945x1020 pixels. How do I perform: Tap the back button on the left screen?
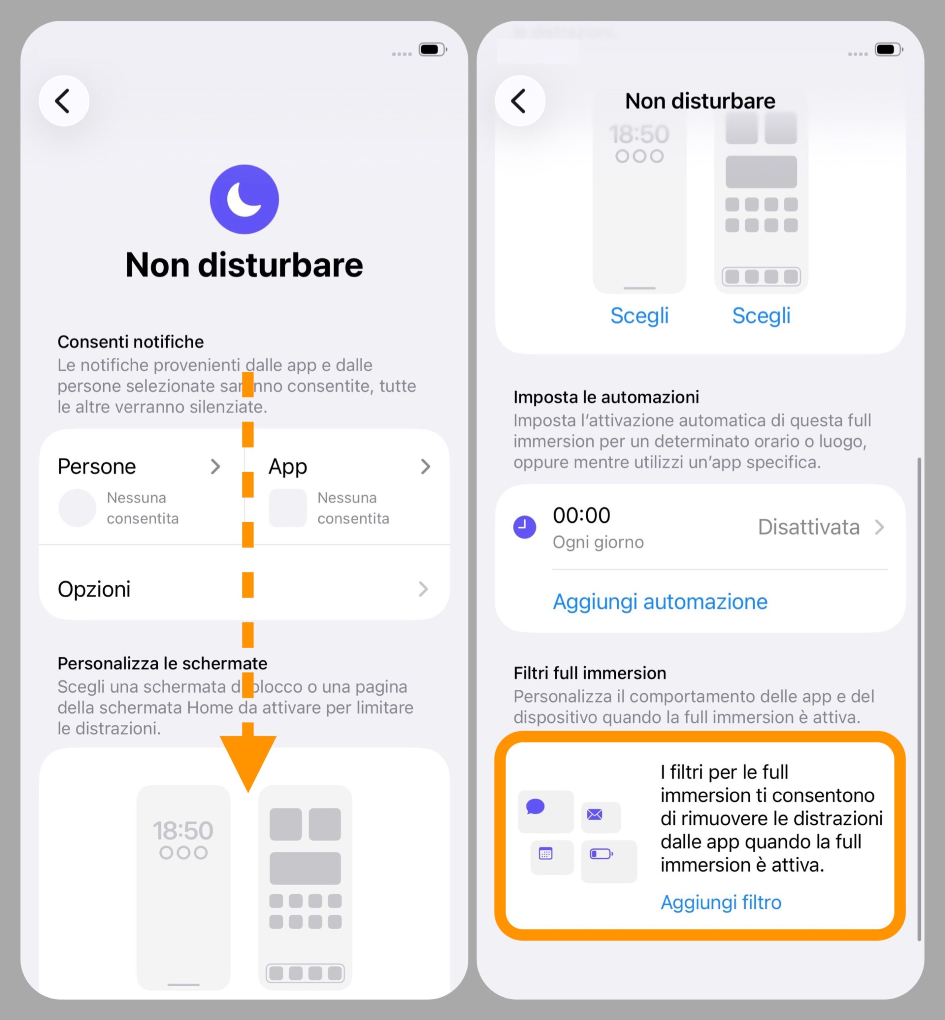[64, 101]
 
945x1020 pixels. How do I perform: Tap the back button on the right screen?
[520, 101]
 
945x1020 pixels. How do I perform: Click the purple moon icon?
[244, 199]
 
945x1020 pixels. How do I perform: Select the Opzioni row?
[244, 588]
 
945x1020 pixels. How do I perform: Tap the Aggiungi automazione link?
[660, 601]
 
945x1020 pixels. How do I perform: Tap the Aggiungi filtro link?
[721, 902]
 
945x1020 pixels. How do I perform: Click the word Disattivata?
[808, 527]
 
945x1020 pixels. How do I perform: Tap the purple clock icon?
[525, 527]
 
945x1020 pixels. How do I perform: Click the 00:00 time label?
[582, 515]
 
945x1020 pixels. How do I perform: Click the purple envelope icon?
[594, 814]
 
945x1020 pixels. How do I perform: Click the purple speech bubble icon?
[535, 806]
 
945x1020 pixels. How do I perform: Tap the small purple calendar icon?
[546, 853]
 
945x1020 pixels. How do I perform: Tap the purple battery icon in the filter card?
[601, 853]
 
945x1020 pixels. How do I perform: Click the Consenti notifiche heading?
[130, 341]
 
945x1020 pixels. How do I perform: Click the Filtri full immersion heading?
[589, 673]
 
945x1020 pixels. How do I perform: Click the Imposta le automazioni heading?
[606, 397]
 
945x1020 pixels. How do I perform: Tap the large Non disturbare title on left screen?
[244, 265]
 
